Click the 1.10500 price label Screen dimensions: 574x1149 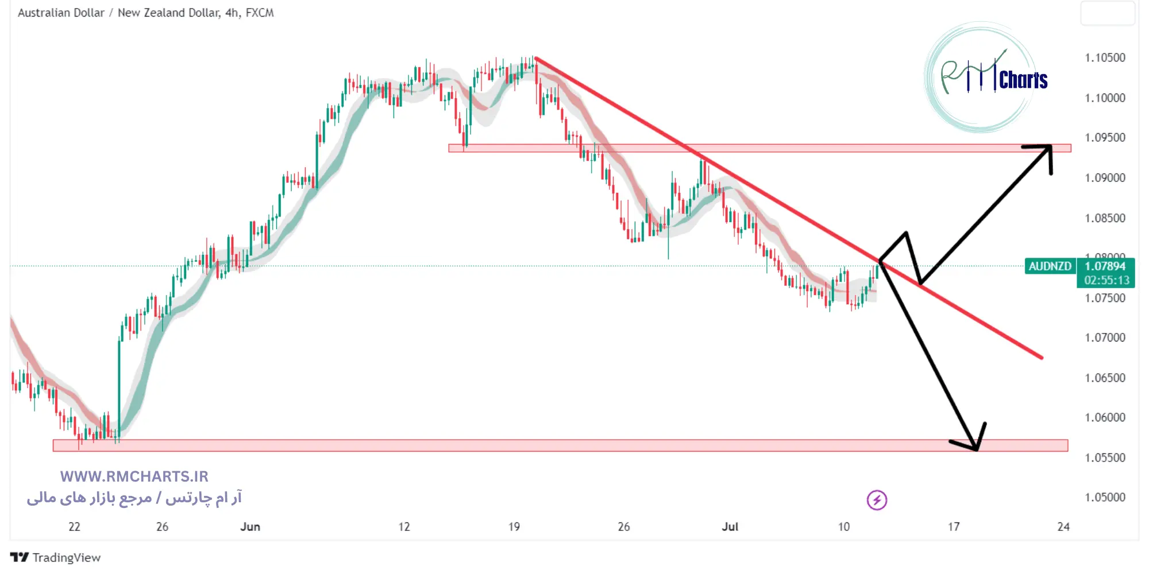(1104, 58)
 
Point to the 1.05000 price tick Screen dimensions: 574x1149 (1104, 498)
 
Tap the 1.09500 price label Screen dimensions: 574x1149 (1104, 138)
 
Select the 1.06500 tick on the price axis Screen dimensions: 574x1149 (1104, 378)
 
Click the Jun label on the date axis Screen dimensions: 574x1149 (250, 527)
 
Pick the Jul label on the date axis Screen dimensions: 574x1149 (730, 527)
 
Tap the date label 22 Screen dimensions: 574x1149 (74, 527)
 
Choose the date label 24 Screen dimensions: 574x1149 (1063, 527)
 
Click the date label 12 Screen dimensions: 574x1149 (404, 527)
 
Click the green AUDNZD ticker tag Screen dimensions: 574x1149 (1050, 266)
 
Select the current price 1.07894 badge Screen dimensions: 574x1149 (1105, 266)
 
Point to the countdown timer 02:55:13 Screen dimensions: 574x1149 (1106, 281)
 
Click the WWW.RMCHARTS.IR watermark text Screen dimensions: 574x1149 (134, 476)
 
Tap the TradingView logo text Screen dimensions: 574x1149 (65, 557)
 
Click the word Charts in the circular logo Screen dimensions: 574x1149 (1023, 80)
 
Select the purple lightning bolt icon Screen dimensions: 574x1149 (877, 500)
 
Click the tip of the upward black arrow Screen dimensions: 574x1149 (1050, 146)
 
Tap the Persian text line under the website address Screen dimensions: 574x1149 (134, 498)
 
